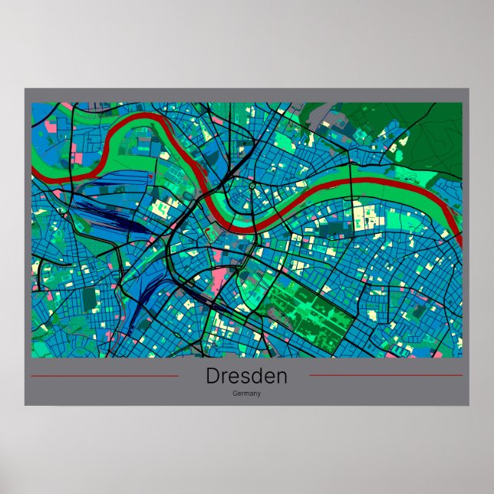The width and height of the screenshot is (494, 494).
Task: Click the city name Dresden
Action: [x=246, y=377]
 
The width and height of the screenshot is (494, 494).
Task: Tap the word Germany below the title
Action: [x=246, y=394]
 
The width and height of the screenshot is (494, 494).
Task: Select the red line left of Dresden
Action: [x=104, y=376]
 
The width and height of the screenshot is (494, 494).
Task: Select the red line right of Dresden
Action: [x=385, y=376]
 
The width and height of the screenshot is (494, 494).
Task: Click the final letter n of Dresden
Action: [x=281, y=377]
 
